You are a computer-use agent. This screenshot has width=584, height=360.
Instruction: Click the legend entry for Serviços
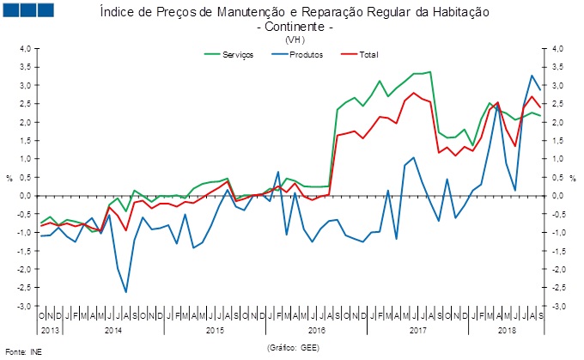[x=237, y=54]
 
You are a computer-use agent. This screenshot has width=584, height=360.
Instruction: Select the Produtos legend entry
[x=306, y=54]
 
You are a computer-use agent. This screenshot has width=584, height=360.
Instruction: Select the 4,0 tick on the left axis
[x=25, y=49]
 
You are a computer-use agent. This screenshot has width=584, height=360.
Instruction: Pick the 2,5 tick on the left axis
[x=25, y=104]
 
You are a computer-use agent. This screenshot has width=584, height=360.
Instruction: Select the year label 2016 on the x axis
[x=317, y=330]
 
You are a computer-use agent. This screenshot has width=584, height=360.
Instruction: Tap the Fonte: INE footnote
[x=23, y=352]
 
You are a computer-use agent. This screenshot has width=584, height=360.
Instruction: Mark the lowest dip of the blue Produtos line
[x=126, y=292]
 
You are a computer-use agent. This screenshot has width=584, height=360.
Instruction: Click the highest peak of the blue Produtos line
[x=532, y=76]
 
